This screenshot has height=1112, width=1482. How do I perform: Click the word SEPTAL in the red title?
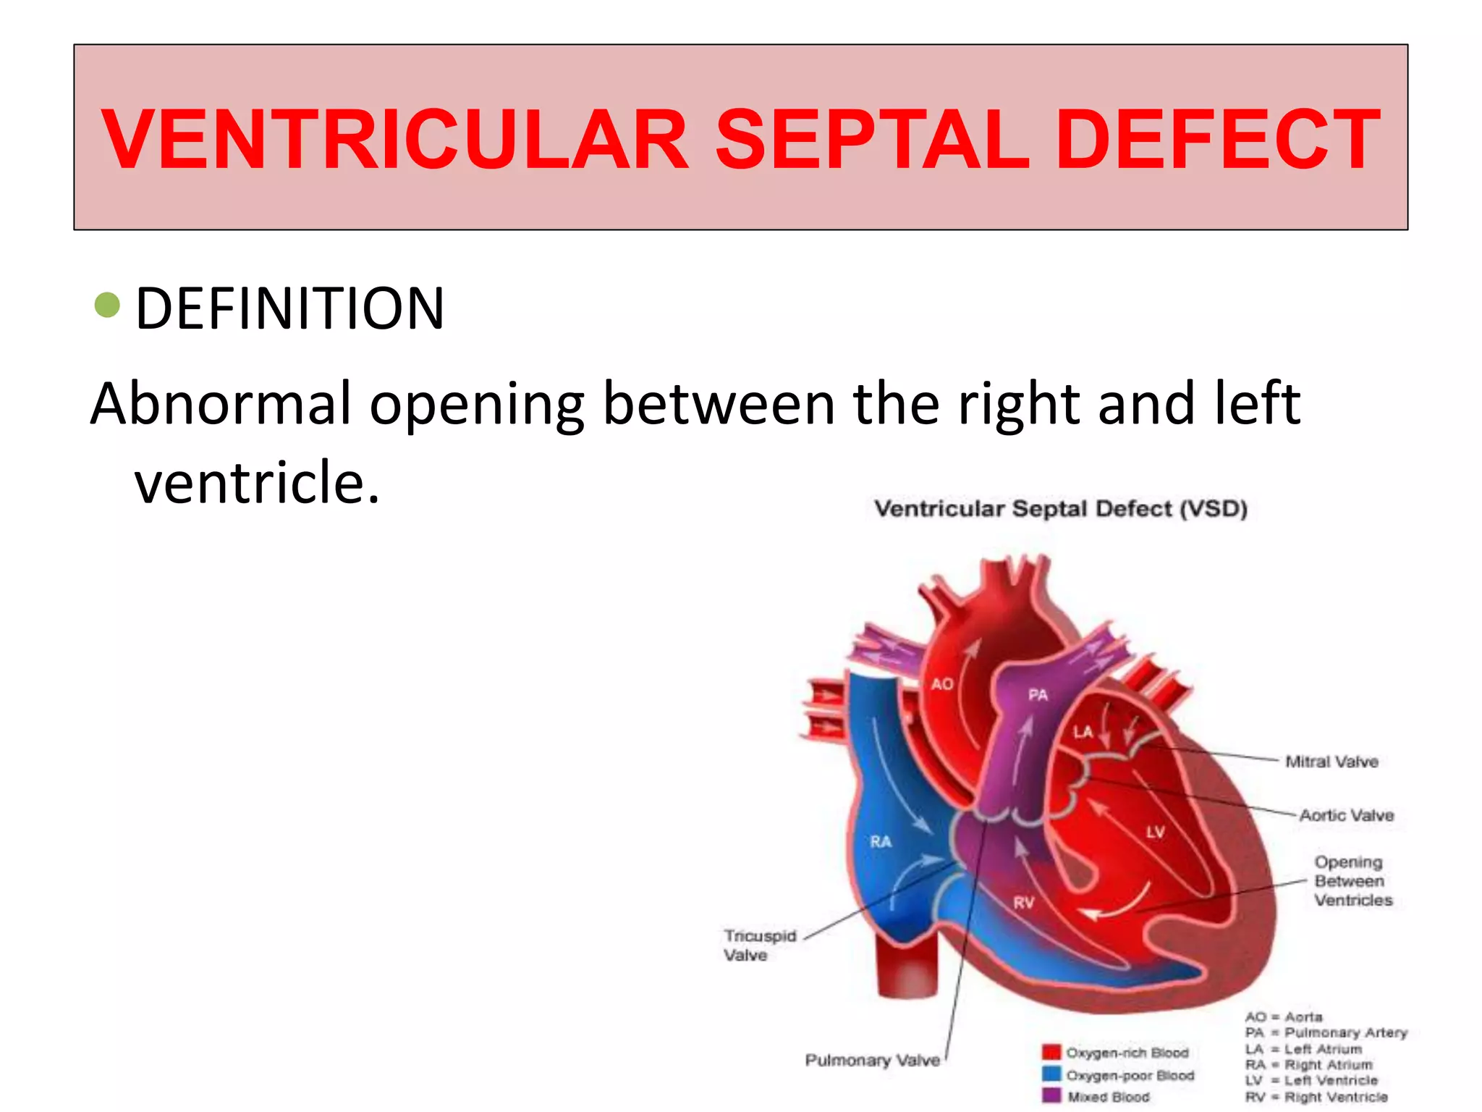coord(871,139)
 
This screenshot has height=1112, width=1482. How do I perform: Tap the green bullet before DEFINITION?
coord(107,305)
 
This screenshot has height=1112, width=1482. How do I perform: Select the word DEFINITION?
coord(289,309)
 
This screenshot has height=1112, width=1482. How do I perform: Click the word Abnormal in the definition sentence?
coord(220,403)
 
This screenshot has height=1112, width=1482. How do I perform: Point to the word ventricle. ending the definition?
coord(257,483)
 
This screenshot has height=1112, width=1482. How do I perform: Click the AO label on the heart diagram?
coord(942,684)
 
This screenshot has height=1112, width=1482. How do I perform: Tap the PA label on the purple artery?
coord(1038,695)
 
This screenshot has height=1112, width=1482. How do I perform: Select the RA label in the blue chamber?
coord(881,842)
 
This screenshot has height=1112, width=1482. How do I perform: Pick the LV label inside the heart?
coord(1155,833)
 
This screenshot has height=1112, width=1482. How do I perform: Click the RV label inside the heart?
coord(1024,903)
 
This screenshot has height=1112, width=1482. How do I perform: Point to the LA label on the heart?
coord(1083,733)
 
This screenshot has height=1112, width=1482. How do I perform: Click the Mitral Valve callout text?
coord(1331,762)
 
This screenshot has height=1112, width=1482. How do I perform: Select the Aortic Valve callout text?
coord(1346,815)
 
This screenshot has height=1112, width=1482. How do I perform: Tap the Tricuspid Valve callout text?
coord(759,945)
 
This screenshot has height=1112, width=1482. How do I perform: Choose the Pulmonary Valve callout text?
coord(872,1061)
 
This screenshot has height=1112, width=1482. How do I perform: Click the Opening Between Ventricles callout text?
coord(1352,881)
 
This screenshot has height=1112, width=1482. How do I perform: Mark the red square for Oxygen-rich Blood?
coord(1051,1052)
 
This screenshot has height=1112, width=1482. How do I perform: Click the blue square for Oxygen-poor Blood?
coord(1051,1074)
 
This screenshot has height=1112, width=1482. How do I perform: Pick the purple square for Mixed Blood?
coord(1051,1096)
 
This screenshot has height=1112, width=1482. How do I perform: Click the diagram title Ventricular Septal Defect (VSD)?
coord(1061,509)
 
